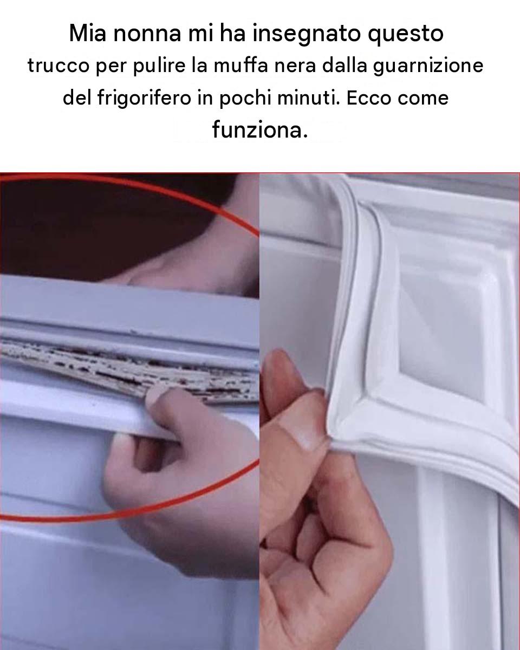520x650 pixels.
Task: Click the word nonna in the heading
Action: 147,33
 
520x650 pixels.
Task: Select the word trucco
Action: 58,66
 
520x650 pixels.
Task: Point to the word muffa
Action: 240,65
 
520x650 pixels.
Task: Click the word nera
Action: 295,66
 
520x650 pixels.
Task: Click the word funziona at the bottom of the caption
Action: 259,130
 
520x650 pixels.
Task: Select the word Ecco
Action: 368,98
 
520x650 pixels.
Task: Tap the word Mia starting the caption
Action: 88,33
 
